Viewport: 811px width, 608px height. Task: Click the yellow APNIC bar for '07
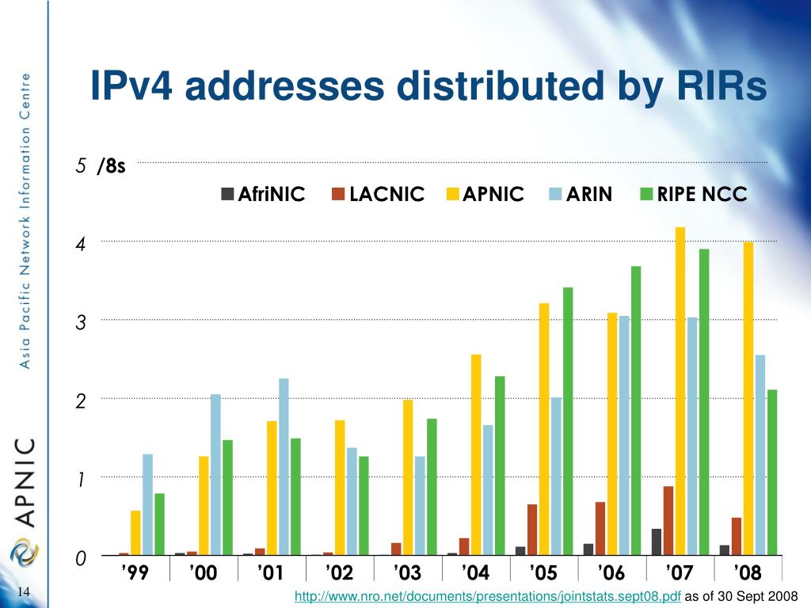[x=680, y=391]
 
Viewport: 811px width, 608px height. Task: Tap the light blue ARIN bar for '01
[x=284, y=467]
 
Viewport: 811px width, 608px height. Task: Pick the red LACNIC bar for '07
[x=668, y=520]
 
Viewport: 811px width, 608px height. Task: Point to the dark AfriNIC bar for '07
[x=657, y=541]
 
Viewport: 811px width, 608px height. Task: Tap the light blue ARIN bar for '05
[x=556, y=476]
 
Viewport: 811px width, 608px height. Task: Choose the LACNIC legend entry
[x=379, y=194]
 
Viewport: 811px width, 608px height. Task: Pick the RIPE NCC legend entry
[x=693, y=194]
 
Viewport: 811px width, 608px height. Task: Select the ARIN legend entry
[x=581, y=194]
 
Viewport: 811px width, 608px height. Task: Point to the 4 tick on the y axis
[x=80, y=245]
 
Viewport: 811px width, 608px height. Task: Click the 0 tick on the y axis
[x=80, y=560]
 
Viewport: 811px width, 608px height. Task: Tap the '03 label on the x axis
[x=409, y=572]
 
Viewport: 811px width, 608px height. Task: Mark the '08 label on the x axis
[x=748, y=572]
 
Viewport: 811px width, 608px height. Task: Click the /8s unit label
[x=112, y=167]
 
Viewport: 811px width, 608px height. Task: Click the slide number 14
[x=23, y=593]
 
